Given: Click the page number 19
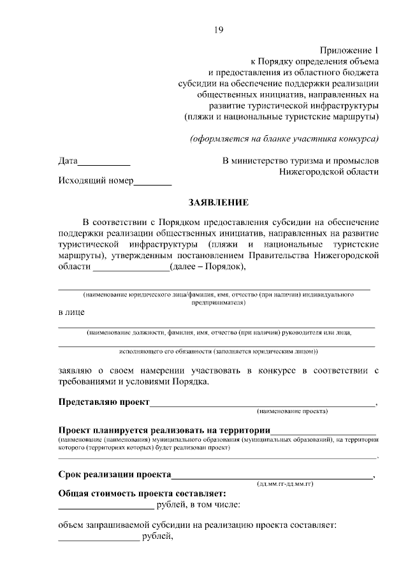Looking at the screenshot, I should (218, 29).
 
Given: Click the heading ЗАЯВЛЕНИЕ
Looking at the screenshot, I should (218, 202).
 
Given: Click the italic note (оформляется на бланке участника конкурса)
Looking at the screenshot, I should (285, 138).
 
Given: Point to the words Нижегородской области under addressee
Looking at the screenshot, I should (329, 172).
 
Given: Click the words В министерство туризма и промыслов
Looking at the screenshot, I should (300, 160).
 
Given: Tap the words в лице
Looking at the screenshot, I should (71, 312).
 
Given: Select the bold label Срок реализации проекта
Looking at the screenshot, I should (115, 474).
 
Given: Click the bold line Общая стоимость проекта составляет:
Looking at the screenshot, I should (142, 493).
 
